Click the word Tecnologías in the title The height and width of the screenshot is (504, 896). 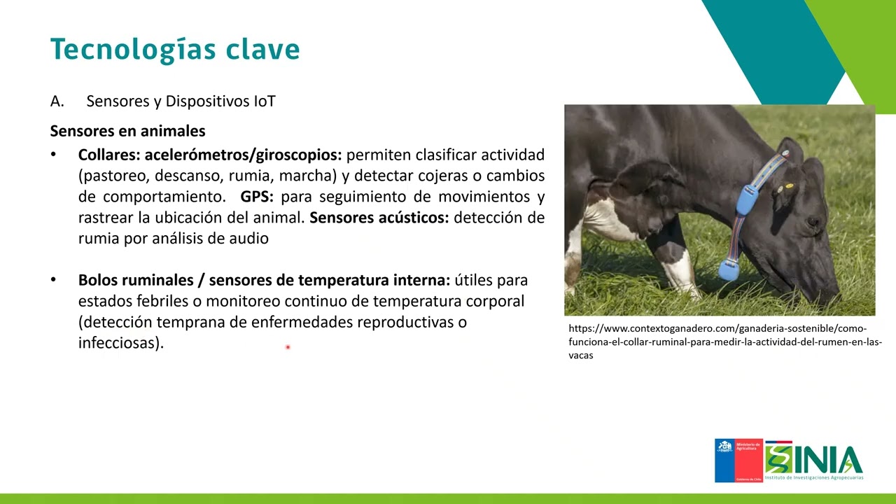tap(133, 50)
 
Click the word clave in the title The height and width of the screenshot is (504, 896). tap(262, 49)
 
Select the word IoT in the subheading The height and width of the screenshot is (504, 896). tap(265, 101)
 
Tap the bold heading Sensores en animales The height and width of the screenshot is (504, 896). tap(127, 131)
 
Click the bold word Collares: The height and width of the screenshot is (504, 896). tap(109, 155)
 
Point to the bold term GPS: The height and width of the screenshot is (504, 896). tap(257, 197)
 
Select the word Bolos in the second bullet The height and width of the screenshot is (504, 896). tap(98, 280)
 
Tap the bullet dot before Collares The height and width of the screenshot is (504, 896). tap(53, 154)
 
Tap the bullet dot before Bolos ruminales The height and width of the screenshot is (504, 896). tap(53, 279)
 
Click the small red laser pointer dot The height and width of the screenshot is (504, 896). tap(288, 347)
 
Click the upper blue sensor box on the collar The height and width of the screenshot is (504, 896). tap(747, 200)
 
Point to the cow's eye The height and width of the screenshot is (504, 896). tap(813, 220)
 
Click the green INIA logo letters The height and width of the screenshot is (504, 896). tap(814, 460)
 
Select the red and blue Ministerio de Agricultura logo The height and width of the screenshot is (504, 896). tap(738, 461)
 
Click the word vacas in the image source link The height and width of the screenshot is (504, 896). tap(581, 355)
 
